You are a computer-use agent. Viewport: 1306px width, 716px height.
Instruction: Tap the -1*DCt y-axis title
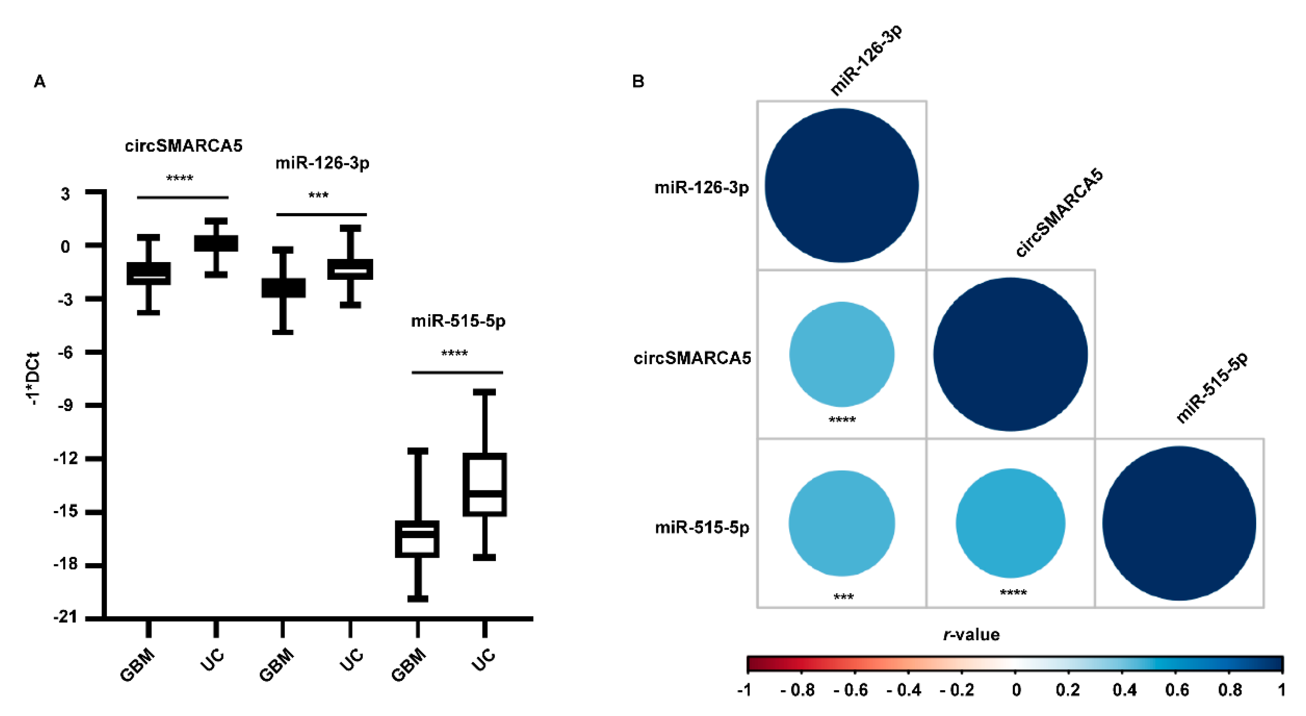point(34,378)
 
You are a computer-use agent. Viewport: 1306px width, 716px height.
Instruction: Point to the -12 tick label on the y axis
point(66,458)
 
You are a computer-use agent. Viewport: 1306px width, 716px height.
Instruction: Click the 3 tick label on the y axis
point(66,193)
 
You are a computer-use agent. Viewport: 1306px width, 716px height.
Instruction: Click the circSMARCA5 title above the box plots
point(184,146)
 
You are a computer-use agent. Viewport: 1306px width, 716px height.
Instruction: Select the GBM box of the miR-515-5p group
point(417,539)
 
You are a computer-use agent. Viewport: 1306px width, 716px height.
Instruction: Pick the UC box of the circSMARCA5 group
point(216,243)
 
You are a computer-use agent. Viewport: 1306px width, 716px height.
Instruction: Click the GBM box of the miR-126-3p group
point(283,288)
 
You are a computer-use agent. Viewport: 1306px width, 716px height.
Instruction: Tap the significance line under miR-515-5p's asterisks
point(457,372)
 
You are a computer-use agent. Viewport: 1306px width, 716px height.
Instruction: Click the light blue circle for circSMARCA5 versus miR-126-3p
point(842,354)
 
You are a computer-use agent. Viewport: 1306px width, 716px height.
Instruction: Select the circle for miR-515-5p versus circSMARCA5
point(1010,523)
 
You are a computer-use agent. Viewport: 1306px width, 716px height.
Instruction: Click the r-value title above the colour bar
point(971,634)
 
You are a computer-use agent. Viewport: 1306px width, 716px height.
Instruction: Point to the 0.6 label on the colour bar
point(1177,690)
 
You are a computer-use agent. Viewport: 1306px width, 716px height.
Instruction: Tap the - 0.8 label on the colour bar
point(797,690)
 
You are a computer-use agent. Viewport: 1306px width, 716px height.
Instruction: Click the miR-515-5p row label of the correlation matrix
point(702,528)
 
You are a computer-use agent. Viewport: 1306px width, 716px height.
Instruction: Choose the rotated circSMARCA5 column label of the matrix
point(1059,213)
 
